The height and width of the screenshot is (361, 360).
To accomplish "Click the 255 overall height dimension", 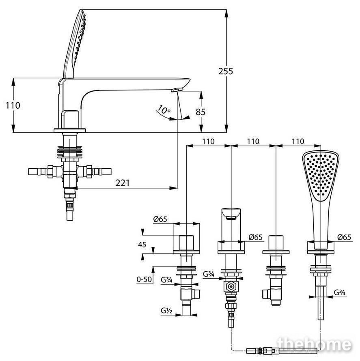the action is pos(226,71).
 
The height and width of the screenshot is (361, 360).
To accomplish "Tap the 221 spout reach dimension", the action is pos(123,183).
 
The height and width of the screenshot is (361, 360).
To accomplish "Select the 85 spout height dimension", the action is pos(200,112).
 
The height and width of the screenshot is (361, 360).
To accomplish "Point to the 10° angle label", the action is pos(164,110).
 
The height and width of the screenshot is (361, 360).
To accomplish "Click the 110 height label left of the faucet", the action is pos(13,105).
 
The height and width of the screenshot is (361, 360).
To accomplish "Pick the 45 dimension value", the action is pos(142,245).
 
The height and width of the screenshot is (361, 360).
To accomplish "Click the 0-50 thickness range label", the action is pos(144,279).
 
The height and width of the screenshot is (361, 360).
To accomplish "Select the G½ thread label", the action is pos(166,311).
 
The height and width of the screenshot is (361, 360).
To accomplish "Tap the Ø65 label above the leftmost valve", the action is pos(160,219).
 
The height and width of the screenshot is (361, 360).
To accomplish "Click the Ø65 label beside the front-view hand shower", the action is pos(344,237).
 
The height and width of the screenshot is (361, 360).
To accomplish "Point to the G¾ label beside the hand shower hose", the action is pos(339,292).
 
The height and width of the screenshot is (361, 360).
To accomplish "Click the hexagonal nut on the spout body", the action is pos(231,287).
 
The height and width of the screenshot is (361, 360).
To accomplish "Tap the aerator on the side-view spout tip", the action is pos(178,90).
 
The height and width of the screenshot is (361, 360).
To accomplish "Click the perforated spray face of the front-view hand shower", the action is pos(320,176).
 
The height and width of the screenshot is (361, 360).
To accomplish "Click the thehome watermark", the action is pos(315,345).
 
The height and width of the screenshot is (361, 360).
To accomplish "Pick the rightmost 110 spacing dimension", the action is pos(298,141).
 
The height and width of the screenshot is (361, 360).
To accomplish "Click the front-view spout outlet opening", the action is pos(231,218).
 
